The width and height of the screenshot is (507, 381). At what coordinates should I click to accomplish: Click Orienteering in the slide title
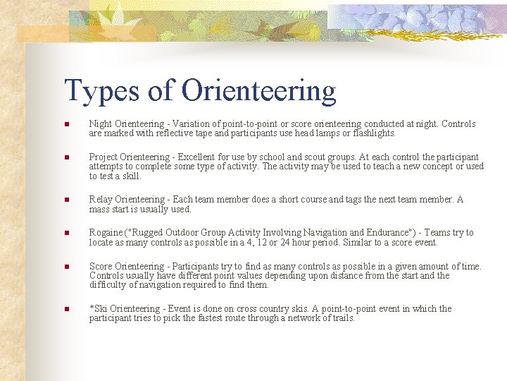point(258,91)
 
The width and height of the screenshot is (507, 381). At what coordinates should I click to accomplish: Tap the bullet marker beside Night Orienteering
point(65,125)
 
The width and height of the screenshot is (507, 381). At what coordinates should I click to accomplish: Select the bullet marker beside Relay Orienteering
point(65,200)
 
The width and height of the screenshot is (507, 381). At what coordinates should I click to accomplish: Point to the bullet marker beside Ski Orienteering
point(65,310)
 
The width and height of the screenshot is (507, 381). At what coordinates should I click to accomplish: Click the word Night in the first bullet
point(100,124)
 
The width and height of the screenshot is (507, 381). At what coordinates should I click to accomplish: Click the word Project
point(104,157)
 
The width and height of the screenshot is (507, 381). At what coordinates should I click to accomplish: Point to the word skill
point(130,176)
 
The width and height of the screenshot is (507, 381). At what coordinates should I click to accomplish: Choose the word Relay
point(101,200)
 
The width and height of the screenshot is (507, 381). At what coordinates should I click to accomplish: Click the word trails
point(342,318)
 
